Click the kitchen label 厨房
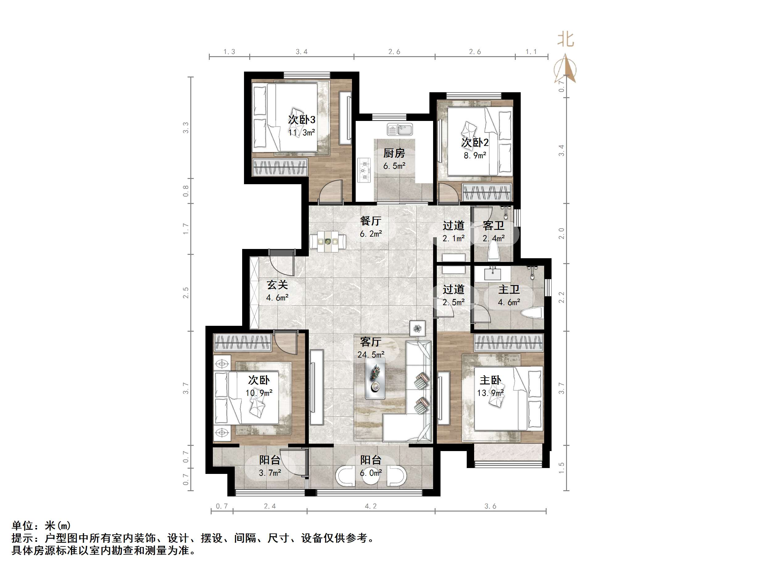tap(394, 153)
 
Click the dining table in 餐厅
tap(328, 242)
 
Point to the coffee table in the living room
tap(375, 378)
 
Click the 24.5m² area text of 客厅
tap(370, 355)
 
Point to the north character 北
tap(565, 40)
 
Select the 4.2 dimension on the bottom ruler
tap(370, 506)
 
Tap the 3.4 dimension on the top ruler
tap(301, 52)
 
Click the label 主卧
tap(490, 380)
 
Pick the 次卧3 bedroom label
tap(301, 119)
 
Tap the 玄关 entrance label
tap(277, 285)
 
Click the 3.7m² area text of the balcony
tap(270, 473)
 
